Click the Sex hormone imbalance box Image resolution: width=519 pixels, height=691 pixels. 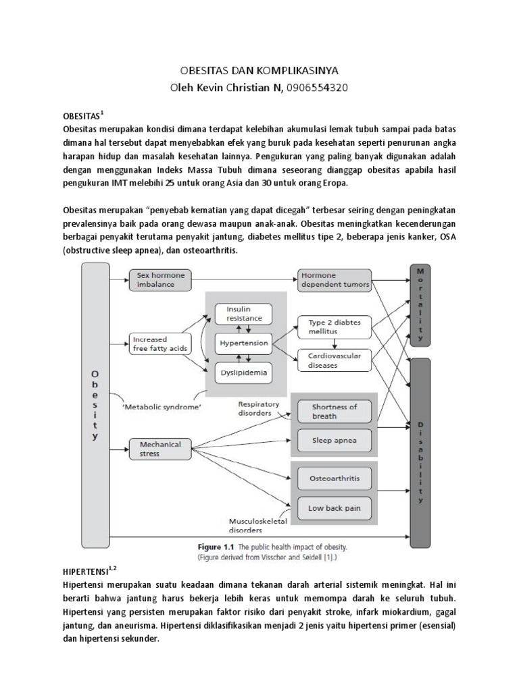click(x=160, y=280)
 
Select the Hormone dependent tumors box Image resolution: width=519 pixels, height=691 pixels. click(x=335, y=280)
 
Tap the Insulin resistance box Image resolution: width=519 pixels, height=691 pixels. click(x=243, y=314)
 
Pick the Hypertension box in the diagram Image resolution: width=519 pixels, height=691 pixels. click(x=243, y=343)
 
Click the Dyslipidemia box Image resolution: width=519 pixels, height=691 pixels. click(x=243, y=372)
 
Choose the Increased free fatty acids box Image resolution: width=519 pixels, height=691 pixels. click(x=160, y=344)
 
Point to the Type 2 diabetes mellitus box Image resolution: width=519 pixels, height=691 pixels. click(x=335, y=327)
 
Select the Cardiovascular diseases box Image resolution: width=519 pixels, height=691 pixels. click(x=335, y=360)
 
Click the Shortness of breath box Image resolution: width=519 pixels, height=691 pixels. click(x=335, y=412)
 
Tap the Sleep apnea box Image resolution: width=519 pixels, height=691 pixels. click(x=335, y=441)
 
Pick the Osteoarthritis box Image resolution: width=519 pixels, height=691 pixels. click(x=335, y=478)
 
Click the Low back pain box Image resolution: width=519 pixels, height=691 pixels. click(x=335, y=508)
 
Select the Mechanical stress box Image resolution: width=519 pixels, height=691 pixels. click(x=160, y=449)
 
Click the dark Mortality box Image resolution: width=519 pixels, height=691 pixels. click(x=420, y=305)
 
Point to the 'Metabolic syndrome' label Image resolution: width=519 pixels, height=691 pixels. click(x=161, y=407)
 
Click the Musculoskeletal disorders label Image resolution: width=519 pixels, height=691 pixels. click(x=257, y=526)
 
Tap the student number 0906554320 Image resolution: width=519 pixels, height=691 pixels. click(x=317, y=88)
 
